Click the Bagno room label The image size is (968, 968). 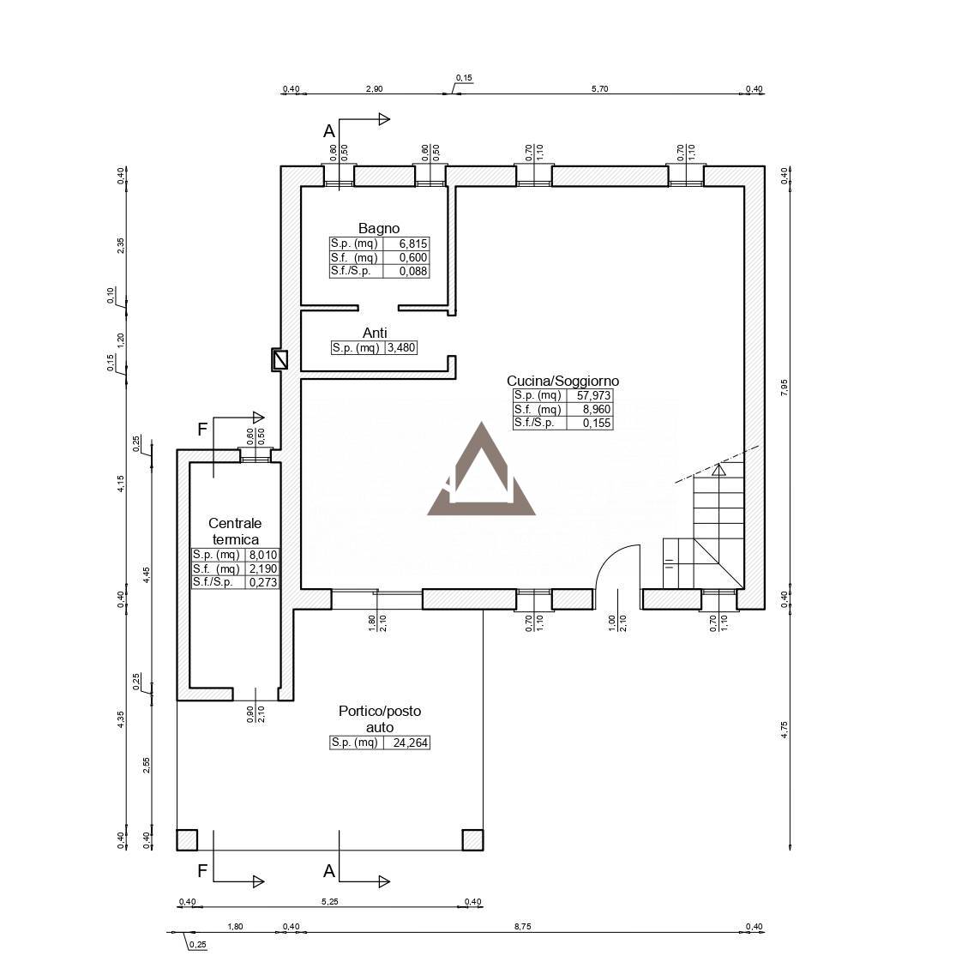pyautogui.click(x=378, y=228)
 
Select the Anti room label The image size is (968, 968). pyautogui.click(x=375, y=333)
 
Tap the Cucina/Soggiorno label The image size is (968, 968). pyautogui.click(x=562, y=381)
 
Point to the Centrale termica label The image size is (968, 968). pyautogui.click(x=235, y=531)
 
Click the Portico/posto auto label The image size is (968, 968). pyautogui.click(x=380, y=719)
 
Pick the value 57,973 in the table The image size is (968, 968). pyautogui.click(x=593, y=395)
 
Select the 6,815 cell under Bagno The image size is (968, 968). pyautogui.click(x=413, y=244)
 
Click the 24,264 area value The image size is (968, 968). pyautogui.click(x=410, y=743)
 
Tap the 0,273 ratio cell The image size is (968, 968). pyautogui.click(x=263, y=582)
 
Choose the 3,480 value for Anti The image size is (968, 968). pyautogui.click(x=401, y=347)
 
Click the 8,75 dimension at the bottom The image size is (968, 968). pyautogui.click(x=522, y=926)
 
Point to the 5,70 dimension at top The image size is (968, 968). pyautogui.click(x=599, y=89)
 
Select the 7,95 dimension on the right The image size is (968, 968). pyautogui.click(x=784, y=387)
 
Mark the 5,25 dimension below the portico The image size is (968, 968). pyautogui.click(x=329, y=901)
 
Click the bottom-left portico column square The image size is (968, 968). pyautogui.click(x=187, y=839)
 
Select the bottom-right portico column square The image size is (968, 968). pyautogui.click(x=473, y=839)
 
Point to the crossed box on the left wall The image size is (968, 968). pyautogui.click(x=280, y=360)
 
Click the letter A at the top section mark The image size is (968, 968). pyautogui.click(x=329, y=131)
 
